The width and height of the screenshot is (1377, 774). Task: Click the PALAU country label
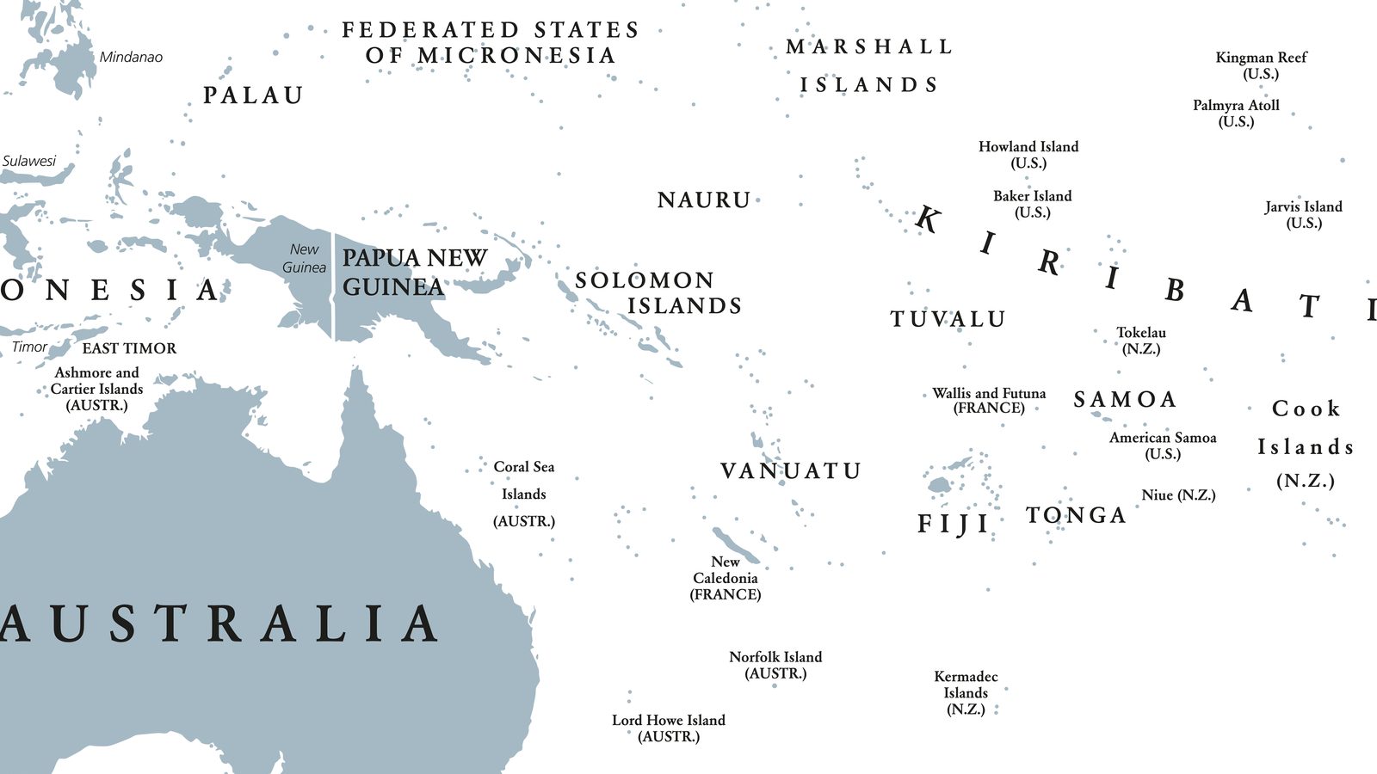pyautogui.click(x=253, y=95)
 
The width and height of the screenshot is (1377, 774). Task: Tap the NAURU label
pyautogui.click(x=704, y=200)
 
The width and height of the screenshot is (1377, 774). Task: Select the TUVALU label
pyautogui.click(x=948, y=319)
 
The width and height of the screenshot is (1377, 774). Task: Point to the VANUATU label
pyautogui.click(x=790, y=471)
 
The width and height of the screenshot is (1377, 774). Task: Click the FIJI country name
pyautogui.click(x=954, y=524)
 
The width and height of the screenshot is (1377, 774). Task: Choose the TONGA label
pyautogui.click(x=1076, y=515)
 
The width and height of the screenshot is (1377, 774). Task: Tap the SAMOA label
pyautogui.click(x=1125, y=400)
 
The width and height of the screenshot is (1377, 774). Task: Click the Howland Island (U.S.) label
pyautogui.click(x=1028, y=155)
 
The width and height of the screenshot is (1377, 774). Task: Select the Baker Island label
pyautogui.click(x=1033, y=204)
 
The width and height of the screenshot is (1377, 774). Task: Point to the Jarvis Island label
pyautogui.click(x=1303, y=214)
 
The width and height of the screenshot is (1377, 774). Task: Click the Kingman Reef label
pyautogui.click(x=1261, y=65)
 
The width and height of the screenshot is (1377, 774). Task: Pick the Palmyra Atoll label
pyautogui.click(x=1236, y=113)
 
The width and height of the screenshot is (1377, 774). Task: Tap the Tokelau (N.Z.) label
pyautogui.click(x=1141, y=341)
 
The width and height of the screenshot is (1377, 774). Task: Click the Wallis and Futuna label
pyautogui.click(x=989, y=400)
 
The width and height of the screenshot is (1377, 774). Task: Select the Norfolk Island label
pyautogui.click(x=775, y=665)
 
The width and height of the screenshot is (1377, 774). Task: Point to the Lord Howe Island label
pyautogui.click(x=669, y=728)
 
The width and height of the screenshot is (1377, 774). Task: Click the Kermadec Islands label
pyautogui.click(x=966, y=692)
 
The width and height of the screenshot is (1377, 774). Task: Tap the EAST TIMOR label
pyautogui.click(x=129, y=348)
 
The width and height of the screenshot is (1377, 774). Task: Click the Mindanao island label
pyautogui.click(x=131, y=57)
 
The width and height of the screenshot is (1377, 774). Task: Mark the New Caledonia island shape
pyautogui.click(x=734, y=543)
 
